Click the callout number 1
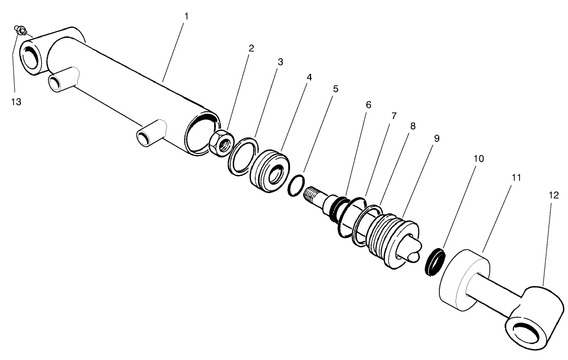[x=186, y=16]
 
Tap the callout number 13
[x=16, y=101]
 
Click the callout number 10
[x=479, y=158]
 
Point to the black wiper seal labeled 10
[x=435, y=261]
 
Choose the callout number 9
[x=437, y=138]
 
